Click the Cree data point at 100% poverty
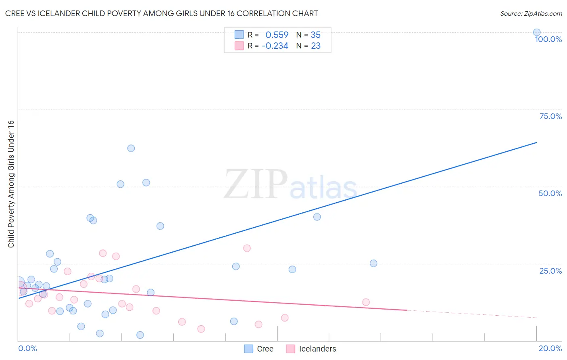point(536,32)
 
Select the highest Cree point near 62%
point(131,148)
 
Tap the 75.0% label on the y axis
point(550,116)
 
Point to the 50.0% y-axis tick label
point(550,193)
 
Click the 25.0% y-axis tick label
point(550,270)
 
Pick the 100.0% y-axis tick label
point(548,39)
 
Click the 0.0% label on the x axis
point(27,348)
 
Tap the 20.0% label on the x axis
point(550,348)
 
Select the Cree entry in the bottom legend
point(259,349)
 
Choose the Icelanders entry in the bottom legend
point(311,349)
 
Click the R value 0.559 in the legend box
point(277,35)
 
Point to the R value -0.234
point(275,46)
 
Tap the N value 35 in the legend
point(315,35)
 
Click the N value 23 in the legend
point(315,46)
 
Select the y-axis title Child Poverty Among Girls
point(11,184)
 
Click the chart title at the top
point(161,13)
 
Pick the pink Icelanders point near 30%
point(247,248)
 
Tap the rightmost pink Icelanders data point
point(366,302)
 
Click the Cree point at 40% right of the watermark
point(317,217)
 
